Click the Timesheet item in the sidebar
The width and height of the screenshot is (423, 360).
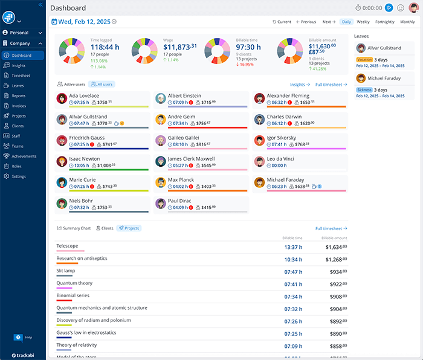point(21,76)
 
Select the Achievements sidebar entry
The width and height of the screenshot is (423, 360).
point(24,156)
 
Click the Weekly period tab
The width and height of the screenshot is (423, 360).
point(363,22)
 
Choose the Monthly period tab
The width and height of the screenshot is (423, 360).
point(407,22)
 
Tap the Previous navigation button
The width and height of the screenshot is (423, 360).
point(306,22)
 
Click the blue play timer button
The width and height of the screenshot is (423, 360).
point(389,8)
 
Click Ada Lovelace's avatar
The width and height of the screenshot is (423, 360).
point(62,99)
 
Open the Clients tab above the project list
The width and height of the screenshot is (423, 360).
point(105,228)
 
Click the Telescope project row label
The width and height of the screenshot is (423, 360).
point(67,246)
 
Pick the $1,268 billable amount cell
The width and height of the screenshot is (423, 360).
point(334,259)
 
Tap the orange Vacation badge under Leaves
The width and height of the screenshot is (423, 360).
point(364,60)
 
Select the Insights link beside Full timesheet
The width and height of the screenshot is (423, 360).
point(299,85)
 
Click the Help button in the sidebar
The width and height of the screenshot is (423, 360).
point(24,337)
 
